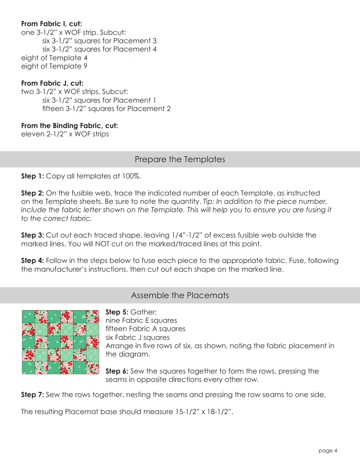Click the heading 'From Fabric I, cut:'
tap(52, 24)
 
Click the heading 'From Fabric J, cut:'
tap(52, 83)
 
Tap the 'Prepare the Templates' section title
tap(180, 160)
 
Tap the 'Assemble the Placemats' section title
tap(180, 296)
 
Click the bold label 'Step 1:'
tap(33, 176)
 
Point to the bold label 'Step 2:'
tap(33, 193)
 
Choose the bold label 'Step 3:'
tap(33, 235)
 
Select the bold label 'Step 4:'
tap(33, 261)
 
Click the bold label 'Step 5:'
tap(117, 312)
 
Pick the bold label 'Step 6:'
tap(117, 371)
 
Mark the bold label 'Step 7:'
tap(33, 395)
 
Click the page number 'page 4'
tap(328, 450)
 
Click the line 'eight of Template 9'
tap(51, 66)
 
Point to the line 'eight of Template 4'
tap(51, 58)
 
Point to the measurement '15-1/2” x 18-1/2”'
tap(203, 412)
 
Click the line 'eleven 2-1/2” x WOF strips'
tap(65, 134)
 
